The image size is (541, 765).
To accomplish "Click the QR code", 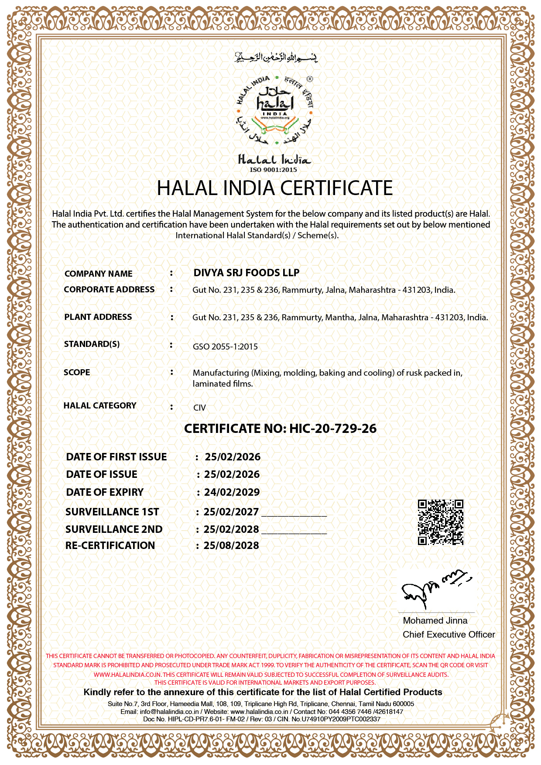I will coord(440,522).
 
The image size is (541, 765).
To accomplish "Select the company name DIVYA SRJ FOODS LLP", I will coord(247,273).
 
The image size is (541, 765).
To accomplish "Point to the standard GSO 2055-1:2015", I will coord(225,347).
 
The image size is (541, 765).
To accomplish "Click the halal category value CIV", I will coord(199,408).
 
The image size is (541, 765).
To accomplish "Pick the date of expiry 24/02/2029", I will coord(232,492).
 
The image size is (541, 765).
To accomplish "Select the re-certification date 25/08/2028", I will coord(231,545).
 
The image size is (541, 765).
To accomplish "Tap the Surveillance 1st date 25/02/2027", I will coord(231,512).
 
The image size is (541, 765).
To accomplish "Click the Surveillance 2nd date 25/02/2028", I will coord(231,529).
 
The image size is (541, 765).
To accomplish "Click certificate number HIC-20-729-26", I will coord(332,429).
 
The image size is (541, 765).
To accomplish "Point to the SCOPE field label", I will coord(77,373).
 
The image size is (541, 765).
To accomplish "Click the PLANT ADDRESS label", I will coord(98,317).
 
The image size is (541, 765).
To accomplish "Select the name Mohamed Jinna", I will coord(435,621).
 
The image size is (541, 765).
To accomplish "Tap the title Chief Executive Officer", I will coord(449,635).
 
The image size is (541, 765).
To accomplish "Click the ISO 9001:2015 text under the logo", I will coord(274,170).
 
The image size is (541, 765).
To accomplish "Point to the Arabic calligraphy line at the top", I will coord(276,57).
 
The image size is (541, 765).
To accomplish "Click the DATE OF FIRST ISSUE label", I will coord(116,457).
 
